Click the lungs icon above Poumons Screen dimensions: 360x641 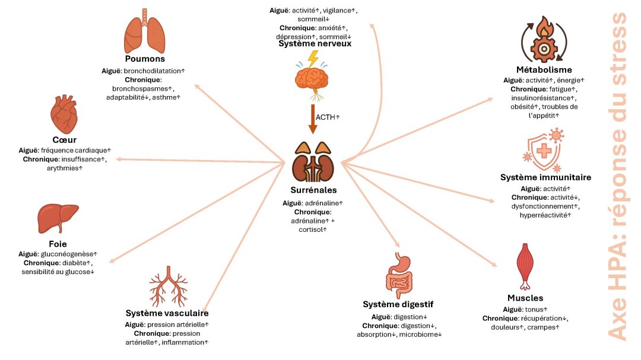(x=145, y=34)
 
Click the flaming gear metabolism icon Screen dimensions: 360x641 (x=544, y=42)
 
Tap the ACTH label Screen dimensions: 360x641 (x=328, y=117)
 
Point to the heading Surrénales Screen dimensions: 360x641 (x=313, y=190)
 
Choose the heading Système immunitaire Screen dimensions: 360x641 (x=545, y=177)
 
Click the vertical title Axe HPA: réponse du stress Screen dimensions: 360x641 (x=618, y=178)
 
